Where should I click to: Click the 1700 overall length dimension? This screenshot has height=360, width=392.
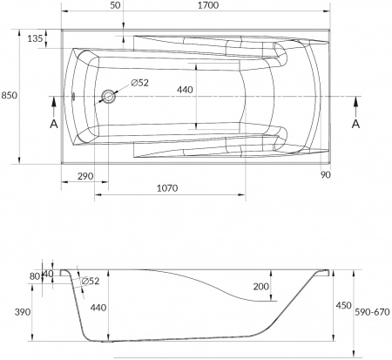(x=208, y=6)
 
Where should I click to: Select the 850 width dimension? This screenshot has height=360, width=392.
(x=10, y=95)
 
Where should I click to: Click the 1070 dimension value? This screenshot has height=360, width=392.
(x=169, y=188)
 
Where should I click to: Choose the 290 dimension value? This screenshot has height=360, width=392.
(x=85, y=177)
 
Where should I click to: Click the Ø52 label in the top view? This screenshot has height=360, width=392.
(x=139, y=83)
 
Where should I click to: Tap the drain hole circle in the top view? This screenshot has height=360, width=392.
(x=109, y=97)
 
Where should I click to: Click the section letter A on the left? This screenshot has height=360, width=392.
(x=51, y=124)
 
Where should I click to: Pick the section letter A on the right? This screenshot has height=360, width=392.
(x=355, y=124)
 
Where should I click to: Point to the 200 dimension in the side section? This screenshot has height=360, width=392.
(x=260, y=287)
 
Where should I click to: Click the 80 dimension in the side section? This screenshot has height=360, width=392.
(x=34, y=277)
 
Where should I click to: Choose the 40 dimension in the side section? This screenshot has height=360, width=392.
(x=48, y=274)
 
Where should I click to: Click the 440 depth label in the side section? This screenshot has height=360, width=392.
(x=97, y=306)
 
